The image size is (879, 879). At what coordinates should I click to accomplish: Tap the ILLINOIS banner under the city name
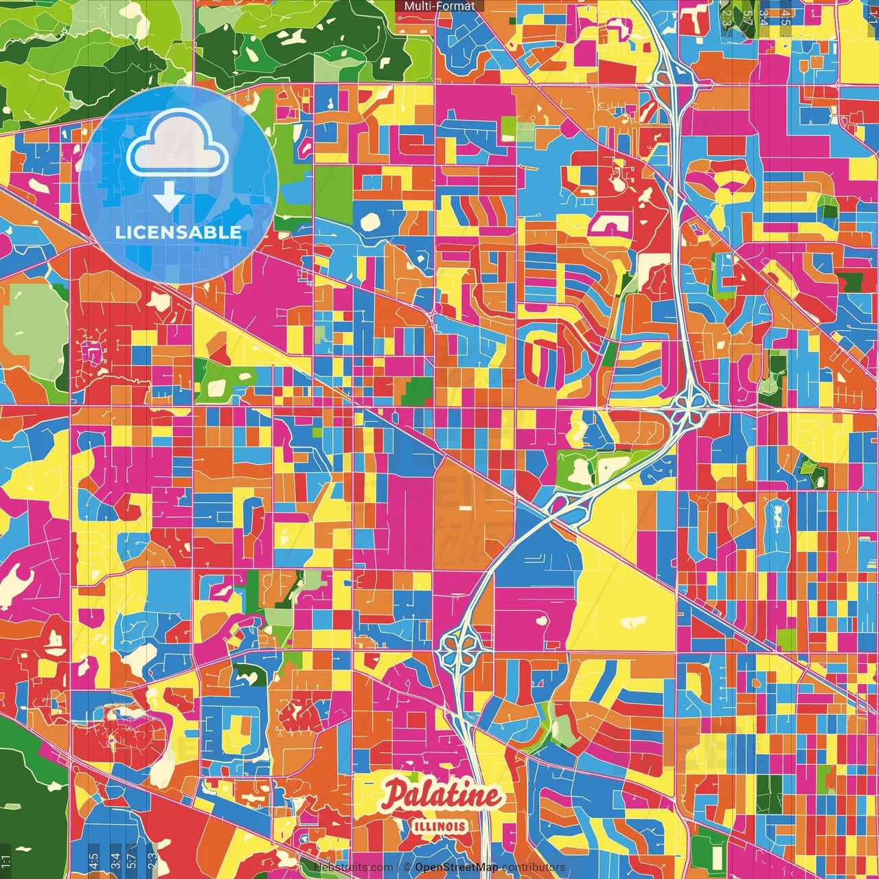coord(440,827)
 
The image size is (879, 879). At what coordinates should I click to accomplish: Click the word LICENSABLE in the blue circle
coord(178,232)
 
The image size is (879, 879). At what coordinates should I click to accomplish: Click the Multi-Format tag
coord(439,6)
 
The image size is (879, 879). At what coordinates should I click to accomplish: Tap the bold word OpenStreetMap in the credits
coord(456,867)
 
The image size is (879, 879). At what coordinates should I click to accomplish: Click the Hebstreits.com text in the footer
coord(353,867)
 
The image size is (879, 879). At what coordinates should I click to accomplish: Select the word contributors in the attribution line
coord(533,867)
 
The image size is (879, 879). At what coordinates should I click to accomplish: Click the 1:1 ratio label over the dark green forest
coord(6,860)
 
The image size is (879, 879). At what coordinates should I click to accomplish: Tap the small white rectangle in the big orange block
coord(465,509)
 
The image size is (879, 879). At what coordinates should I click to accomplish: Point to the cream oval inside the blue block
coord(370,221)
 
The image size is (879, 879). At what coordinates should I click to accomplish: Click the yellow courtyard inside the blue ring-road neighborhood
coord(240,730)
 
